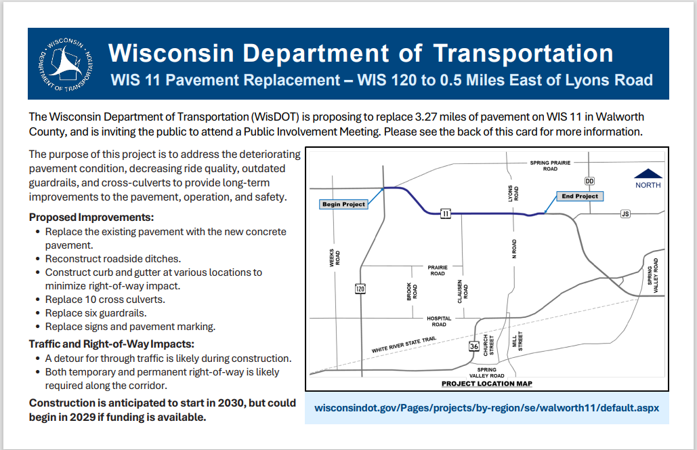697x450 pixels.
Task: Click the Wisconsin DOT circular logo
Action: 65,64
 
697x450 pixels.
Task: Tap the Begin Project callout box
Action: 343,204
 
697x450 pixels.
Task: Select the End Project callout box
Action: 580,196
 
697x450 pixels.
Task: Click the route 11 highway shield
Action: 446,214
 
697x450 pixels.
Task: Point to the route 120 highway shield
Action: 360,289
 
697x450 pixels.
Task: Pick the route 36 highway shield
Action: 474,346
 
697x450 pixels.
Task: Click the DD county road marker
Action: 589,181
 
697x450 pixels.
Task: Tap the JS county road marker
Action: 625,214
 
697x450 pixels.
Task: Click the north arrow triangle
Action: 648,173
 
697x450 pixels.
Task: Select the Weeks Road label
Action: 335,258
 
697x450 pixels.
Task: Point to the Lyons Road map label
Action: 513,194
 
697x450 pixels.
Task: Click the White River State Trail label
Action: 404,345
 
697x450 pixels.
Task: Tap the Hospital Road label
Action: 439,321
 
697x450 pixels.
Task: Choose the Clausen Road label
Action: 463,291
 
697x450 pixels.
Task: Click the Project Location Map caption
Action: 487,384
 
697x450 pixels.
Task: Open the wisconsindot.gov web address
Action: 487,408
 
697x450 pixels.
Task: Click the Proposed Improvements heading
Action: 91,218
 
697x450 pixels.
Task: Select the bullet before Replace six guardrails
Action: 38,314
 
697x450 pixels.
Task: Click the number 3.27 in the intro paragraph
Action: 426,117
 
